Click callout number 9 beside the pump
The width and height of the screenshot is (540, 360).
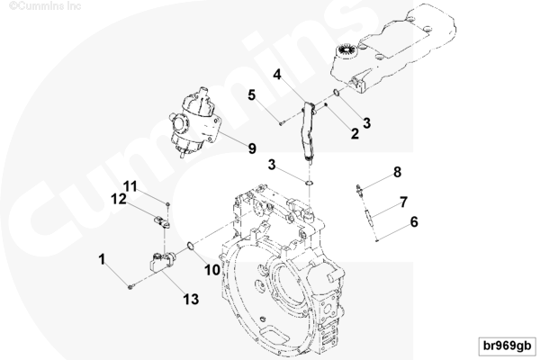[x=252, y=148]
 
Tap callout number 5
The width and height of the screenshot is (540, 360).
[x=253, y=94]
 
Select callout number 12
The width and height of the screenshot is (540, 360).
[x=118, y=199]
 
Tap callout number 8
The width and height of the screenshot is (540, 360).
[x=397, y=170]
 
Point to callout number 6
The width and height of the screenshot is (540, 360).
[x=414, y=220]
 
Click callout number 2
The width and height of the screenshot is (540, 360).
[x=355, y=133]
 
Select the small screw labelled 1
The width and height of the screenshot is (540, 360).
[x=131, y=285]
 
